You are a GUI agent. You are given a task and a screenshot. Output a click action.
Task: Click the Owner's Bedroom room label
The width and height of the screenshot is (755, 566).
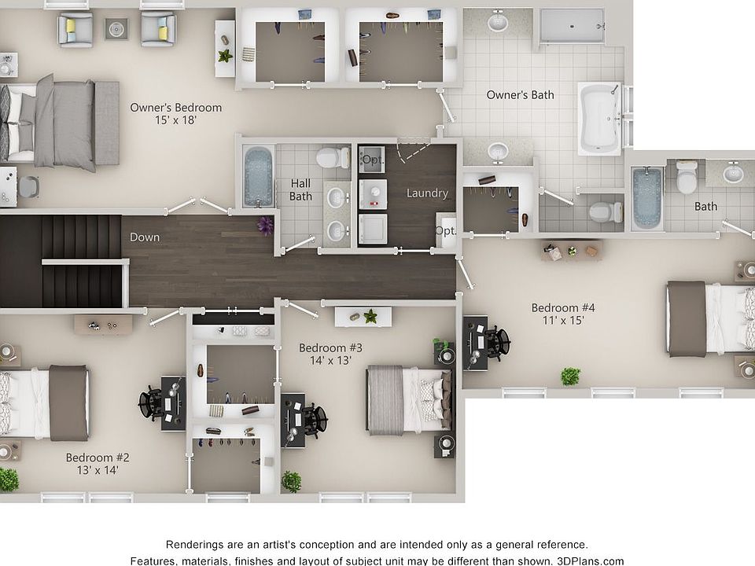(175, 108)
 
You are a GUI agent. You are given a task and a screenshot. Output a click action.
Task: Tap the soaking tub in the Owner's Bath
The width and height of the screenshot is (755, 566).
(599, 119)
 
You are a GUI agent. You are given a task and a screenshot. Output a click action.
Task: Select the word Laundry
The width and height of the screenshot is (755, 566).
(427, 193)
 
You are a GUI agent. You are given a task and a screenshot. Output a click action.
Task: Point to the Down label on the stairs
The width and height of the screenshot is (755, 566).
(145, 237)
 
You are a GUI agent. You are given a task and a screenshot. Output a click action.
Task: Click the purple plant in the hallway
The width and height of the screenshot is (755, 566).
(266, 226)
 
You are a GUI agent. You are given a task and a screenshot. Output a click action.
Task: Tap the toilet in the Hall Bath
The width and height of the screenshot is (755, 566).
(333, 157)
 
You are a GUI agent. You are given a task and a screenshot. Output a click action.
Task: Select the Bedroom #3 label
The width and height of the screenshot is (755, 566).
(330, 347)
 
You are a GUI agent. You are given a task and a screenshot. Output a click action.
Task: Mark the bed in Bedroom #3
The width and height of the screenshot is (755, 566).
(409, 399)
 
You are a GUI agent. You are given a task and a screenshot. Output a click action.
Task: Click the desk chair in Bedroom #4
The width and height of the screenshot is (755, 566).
(495, 343)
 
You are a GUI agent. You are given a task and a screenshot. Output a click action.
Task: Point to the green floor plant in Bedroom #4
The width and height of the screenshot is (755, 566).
(570, 377)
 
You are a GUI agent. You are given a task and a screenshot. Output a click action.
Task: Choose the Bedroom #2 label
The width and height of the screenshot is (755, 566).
(98, 458)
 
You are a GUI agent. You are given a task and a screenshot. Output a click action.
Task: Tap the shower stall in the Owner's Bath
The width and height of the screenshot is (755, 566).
(572, 25)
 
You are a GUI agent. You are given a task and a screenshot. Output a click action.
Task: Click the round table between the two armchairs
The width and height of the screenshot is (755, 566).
(116, 30)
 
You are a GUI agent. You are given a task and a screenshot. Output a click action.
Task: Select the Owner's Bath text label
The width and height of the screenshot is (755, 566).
(520, 95)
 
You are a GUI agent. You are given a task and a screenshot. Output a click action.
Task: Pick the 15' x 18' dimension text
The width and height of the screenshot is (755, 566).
(175, 121)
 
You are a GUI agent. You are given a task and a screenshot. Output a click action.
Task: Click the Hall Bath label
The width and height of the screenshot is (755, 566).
(300, 189)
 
